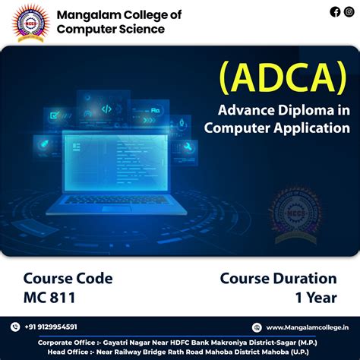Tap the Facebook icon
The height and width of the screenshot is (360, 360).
335,11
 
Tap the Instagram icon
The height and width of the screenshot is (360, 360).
348,11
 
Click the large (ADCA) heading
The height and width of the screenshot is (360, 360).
282,77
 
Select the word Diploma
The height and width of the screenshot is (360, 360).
296,111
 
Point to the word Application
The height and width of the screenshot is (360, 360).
311,128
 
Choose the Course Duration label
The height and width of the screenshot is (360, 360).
278,279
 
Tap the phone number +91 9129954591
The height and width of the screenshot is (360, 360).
51,327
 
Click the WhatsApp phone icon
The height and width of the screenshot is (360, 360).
14,327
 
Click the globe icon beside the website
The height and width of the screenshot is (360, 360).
258,327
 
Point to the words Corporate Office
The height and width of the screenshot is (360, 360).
67,342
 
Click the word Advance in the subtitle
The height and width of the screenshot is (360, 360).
242,111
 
